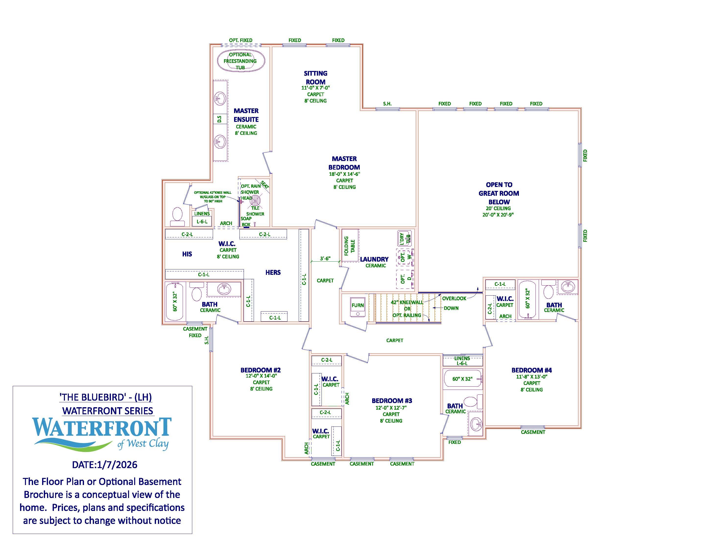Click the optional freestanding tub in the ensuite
pos(241,60)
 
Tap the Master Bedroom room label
pos(344,163)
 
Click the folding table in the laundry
pos(350,245)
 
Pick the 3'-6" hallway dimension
pos(325,259)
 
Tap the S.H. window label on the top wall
pos(387,104)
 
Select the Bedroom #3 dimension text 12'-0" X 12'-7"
pos(391,408)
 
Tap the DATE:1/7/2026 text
pos(105,464)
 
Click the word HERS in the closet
pos(273,272)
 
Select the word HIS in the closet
pos(187,254)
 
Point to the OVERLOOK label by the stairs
pos(454,299)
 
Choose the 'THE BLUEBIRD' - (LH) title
pos(106,397)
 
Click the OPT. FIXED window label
pos(240,40)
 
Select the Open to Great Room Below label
pos(499,193)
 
